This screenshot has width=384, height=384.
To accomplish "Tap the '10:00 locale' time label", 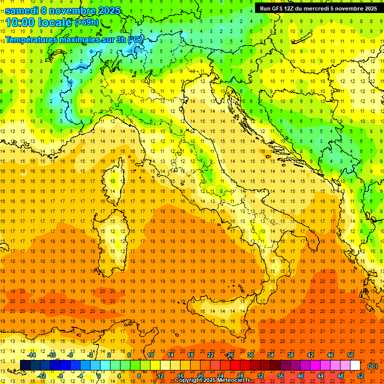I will [38, 22].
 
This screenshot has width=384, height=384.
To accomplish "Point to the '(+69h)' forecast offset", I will [87, 22].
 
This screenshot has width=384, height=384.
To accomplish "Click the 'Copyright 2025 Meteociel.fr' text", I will [212, 380].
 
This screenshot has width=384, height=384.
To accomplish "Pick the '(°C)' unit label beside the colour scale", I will [372, 366].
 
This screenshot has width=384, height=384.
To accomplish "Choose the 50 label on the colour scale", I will [350, 355].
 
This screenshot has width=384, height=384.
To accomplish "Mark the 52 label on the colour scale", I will [360, 376].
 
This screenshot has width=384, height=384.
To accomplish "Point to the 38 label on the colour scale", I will [290, 355].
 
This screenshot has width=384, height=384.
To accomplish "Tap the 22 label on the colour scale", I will [210, 355].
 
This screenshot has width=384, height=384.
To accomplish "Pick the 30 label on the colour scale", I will [250, 355].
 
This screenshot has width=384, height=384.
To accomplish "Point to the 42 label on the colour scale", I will [310, 355].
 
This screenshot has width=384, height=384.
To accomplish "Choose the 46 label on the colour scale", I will [330, 355].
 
